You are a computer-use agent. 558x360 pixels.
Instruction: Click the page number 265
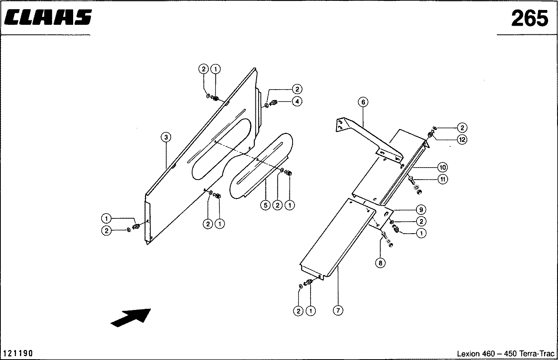529,18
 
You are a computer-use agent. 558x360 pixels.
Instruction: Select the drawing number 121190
18,353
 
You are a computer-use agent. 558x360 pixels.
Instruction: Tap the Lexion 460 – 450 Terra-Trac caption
505,354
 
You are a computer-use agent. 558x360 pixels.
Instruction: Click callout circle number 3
166,138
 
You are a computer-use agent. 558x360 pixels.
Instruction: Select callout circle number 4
297,101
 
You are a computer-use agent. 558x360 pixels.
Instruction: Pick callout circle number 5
265,205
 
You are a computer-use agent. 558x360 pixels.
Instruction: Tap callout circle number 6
363,102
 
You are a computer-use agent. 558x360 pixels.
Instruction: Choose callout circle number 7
338,310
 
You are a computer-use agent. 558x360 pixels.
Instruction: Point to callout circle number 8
380,263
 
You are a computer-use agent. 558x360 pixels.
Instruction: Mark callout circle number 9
420,210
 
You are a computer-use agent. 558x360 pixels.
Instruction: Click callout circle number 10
442,167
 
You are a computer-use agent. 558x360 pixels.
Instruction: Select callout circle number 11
442,179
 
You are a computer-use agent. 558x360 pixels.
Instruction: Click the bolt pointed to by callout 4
274,103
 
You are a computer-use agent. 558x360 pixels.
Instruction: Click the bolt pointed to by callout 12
430,135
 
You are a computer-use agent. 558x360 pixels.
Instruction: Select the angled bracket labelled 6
368,136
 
